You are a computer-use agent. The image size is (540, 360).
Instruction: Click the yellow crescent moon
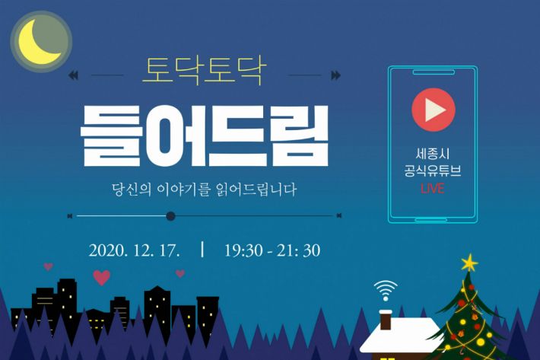(x=33, y=48)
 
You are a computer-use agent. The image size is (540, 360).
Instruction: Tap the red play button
(x=434, y=110)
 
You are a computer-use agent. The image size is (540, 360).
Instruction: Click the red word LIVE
(x=433, y=189)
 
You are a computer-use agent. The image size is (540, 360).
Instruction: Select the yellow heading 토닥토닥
(x=205, y=71)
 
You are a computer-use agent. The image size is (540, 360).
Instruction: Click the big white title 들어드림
(x=205, y=135)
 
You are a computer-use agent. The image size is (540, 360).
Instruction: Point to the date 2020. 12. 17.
(x=135, y=250)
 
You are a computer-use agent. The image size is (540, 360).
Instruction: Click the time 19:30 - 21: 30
(x=272, y=250)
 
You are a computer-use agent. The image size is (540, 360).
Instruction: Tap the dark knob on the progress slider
(x=170, y=216)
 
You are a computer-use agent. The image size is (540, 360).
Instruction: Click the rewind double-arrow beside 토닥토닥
(x=73, y=75)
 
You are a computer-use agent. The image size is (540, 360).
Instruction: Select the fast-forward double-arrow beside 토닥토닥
(x=335, y=75)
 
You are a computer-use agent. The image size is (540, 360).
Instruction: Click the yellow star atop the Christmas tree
(x=469, y=263)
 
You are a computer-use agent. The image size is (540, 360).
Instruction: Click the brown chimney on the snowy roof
(x=386, y=320)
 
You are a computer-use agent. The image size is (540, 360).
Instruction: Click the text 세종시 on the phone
(x=433, y=154)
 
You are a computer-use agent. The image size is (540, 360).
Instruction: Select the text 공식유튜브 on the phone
(x=433, y=171)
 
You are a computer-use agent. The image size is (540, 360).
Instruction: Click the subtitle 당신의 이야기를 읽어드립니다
(x=205, y=190)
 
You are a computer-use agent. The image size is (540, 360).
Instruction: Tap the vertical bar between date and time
(x=202, y=250)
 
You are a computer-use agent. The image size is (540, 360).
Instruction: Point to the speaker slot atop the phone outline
(x=434, y=72)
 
